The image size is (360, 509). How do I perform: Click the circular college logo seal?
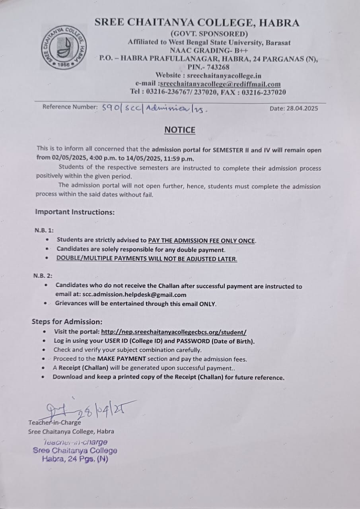[64, 47]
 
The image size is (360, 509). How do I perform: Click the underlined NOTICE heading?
[180, 130]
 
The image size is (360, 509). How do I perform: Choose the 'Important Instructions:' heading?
[75, 212]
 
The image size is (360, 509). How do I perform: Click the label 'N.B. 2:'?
[43, 276]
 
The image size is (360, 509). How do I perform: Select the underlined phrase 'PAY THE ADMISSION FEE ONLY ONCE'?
[202, 241]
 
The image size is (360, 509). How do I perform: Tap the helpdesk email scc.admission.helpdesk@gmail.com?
[134, 295]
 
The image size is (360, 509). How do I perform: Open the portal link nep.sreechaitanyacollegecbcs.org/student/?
[174, 332]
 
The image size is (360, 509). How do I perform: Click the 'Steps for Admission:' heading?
[67, 322]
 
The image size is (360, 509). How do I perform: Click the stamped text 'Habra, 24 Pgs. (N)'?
[75, 458]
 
